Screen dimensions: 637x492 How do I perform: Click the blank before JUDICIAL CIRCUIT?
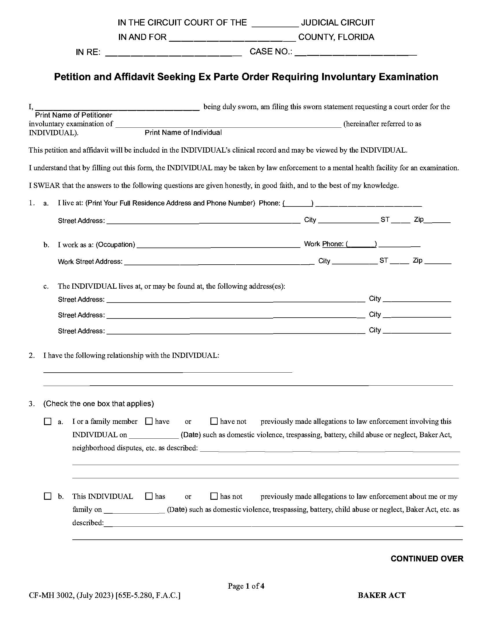tap(275, 23)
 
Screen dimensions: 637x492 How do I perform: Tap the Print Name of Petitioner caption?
tap(74, 115)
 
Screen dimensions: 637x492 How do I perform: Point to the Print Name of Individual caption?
tap(183, 133)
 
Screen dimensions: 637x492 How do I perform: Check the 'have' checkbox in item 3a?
tap(149, 421)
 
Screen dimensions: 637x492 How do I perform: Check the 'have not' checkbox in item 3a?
tap(214, 421)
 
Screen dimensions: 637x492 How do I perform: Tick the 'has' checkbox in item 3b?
tap(149, 496)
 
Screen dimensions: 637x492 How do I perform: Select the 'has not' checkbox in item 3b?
tap(214, 496)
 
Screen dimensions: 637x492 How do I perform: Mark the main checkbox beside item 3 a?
tap(47, 422)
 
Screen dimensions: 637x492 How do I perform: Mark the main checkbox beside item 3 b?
tap(47, 496)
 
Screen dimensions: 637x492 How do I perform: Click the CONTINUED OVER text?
tap(427, 559)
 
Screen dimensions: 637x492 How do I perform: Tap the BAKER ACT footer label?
tap(381, 595)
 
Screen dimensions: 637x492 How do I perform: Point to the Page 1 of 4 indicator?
tap(246, 586)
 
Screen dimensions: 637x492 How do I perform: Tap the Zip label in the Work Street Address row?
tap(417, 261)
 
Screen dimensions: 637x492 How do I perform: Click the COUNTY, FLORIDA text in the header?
tap(336, 37)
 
